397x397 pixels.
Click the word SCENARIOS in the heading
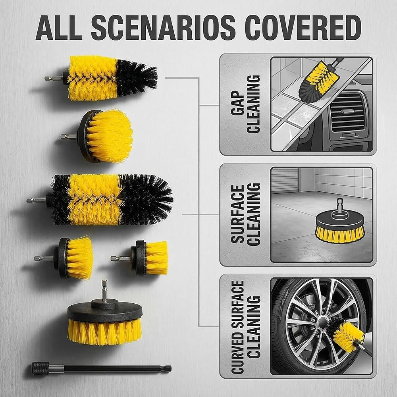[164, 27]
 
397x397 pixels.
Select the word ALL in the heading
[59, 27]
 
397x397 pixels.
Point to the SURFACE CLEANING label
[245, 214]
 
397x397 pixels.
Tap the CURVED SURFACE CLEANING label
[245, 327]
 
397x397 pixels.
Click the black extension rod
[101, 368]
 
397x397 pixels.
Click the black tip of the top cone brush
[137, 78]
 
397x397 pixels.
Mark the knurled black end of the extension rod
[40, 368]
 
